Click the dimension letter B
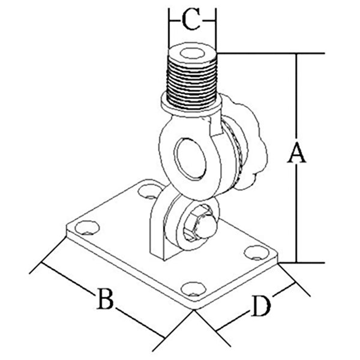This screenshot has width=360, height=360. coord(104,298)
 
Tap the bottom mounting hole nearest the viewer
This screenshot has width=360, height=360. coord(193,289)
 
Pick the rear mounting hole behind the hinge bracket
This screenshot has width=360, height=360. coord(145,193)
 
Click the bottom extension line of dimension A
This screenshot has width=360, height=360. coord(306,263)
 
